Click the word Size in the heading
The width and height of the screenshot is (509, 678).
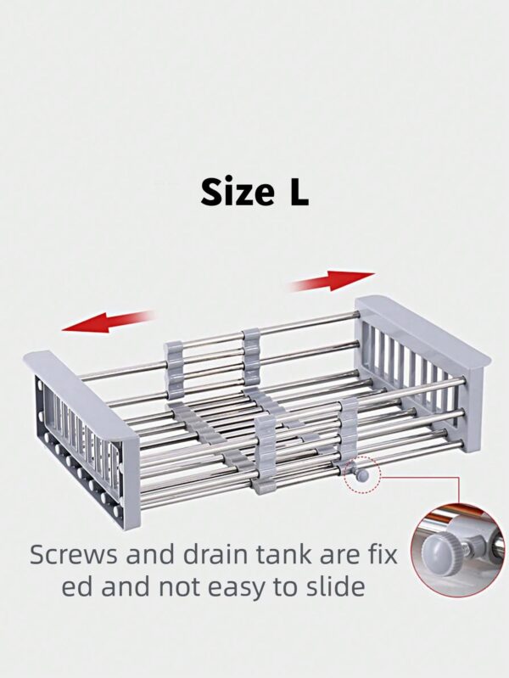click(x=237, y=192)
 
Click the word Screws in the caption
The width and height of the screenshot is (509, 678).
click(x=74, y=555)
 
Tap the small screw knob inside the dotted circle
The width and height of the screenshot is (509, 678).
click(x=361, y=476)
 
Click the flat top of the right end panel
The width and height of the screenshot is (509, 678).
click(x=423, y=328)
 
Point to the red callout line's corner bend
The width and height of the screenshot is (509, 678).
click(x=458, y=478)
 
